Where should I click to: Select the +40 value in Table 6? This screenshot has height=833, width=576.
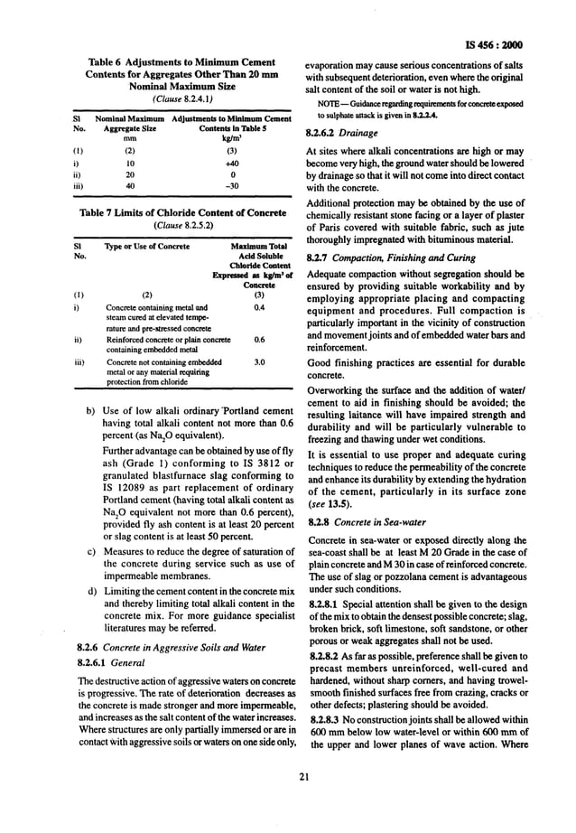[x=231, y=164]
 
